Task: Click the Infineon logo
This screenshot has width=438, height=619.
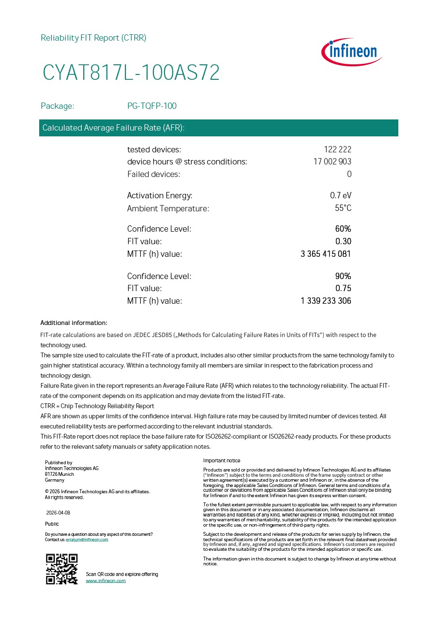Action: tap(352, 52)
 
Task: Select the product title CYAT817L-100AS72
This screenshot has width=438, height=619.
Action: tap(131, 73)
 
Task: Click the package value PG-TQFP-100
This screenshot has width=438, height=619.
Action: tap(151, 106)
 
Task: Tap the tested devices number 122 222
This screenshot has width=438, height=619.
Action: tap(337, 149)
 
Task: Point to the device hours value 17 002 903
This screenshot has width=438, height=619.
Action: tap(332, 162)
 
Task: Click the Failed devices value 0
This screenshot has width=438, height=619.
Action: tap(349, 174)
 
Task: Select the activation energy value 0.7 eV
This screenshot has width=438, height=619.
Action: tap(341, 195)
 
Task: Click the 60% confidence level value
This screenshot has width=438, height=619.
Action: tap(343, 229)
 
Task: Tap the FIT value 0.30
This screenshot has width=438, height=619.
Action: tap(343, 241)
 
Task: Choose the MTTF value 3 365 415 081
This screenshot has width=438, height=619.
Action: tap(326, 254)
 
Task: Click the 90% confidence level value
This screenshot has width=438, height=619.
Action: tap(343, 276)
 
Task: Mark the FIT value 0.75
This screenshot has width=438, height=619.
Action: tap(343, 288)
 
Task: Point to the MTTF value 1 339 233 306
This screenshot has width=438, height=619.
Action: tap(326, 301)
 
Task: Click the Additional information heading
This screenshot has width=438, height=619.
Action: tap(74, 323)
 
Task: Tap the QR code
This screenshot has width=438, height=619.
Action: tap(62, 569)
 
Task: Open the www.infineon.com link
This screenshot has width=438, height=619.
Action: tap(106, 580)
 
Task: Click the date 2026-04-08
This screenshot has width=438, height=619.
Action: tap(58, 513)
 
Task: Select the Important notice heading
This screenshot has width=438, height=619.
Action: tap(222, 460)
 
